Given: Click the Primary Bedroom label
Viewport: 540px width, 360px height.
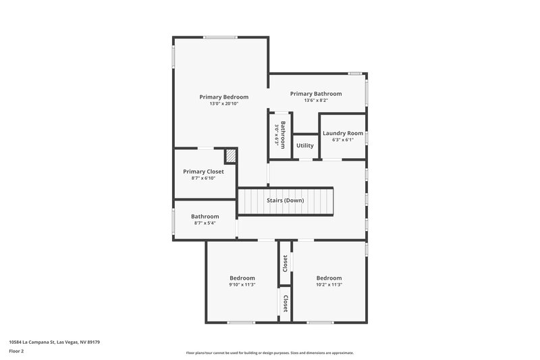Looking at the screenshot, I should click(x=223, y=97).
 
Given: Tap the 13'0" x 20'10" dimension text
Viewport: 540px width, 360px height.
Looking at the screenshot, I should click(x=223, y=104).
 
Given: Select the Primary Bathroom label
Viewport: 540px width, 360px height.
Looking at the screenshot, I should click(x=316, y=93).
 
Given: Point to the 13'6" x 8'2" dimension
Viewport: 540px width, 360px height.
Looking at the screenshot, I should click(x=316, y=101).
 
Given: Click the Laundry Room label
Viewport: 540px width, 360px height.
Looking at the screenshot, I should click(x=343, y=133).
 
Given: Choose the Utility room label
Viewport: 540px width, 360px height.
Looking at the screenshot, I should click(x=305, y=145).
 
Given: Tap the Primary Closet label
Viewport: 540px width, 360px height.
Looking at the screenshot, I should click(x=203, y=172).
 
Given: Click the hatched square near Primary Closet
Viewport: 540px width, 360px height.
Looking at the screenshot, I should click(x=231, y=156).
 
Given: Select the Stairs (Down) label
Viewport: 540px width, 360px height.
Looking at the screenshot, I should click(x=284, y=201).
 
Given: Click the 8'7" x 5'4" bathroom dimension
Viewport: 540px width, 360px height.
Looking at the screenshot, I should click(x=205, y=224).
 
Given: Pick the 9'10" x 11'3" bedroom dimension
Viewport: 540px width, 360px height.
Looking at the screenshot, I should click(x=242, y=285).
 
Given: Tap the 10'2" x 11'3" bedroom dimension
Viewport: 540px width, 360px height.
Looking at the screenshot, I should click(x=329, y=285).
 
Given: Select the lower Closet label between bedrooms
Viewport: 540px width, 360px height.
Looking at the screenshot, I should click(x=286, y=303).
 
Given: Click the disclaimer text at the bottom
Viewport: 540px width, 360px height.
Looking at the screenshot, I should click(x=269, y=353).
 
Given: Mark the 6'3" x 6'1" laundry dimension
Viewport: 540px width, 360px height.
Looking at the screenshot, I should click(x=343, y=140).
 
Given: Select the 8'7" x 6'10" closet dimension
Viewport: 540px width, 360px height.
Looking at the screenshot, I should click(x=203, y=178).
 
